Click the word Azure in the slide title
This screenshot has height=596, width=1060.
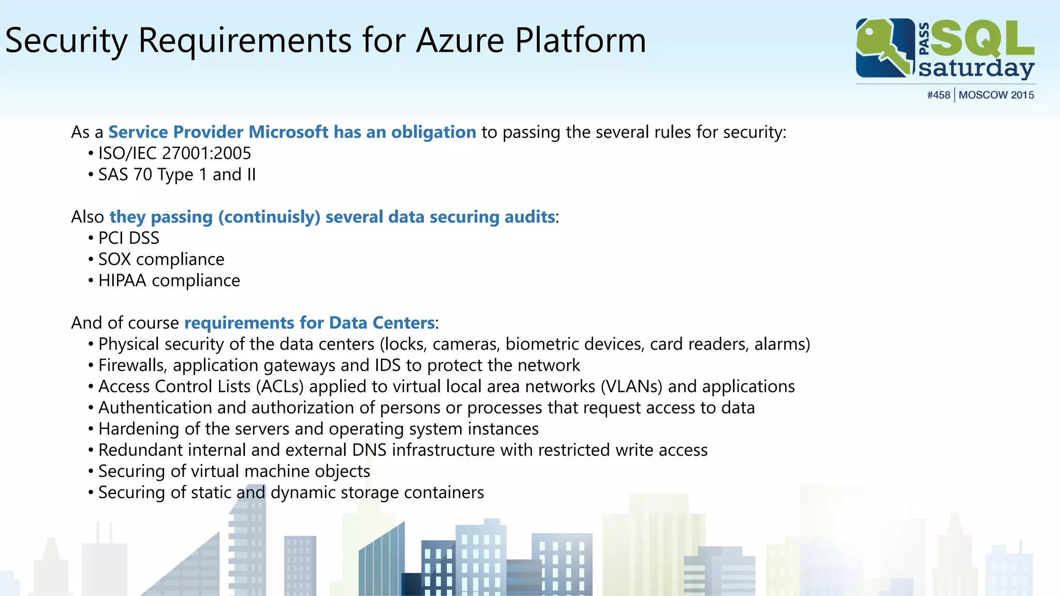click(x=460, y=40)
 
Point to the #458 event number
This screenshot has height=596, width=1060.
click(x=938, y=95)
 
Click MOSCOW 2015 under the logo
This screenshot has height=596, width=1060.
click(x=996, y=95)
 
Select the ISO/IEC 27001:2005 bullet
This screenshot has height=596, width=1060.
click(x=174, y=153)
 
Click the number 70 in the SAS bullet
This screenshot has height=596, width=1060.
click(x=142, y=175)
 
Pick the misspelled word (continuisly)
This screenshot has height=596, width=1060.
click(x=269, y=217)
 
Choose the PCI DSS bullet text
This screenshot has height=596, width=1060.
click(x=129, y=238)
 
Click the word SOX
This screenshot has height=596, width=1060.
click(x=114, y=259)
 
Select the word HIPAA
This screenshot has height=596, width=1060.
click(x=122, y=280)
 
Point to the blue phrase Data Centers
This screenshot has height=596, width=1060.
click(x=381, y=323)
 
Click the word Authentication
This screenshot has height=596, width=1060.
click(x=155, y=408)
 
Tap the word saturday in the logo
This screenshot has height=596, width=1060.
click(x=976, y=69)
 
